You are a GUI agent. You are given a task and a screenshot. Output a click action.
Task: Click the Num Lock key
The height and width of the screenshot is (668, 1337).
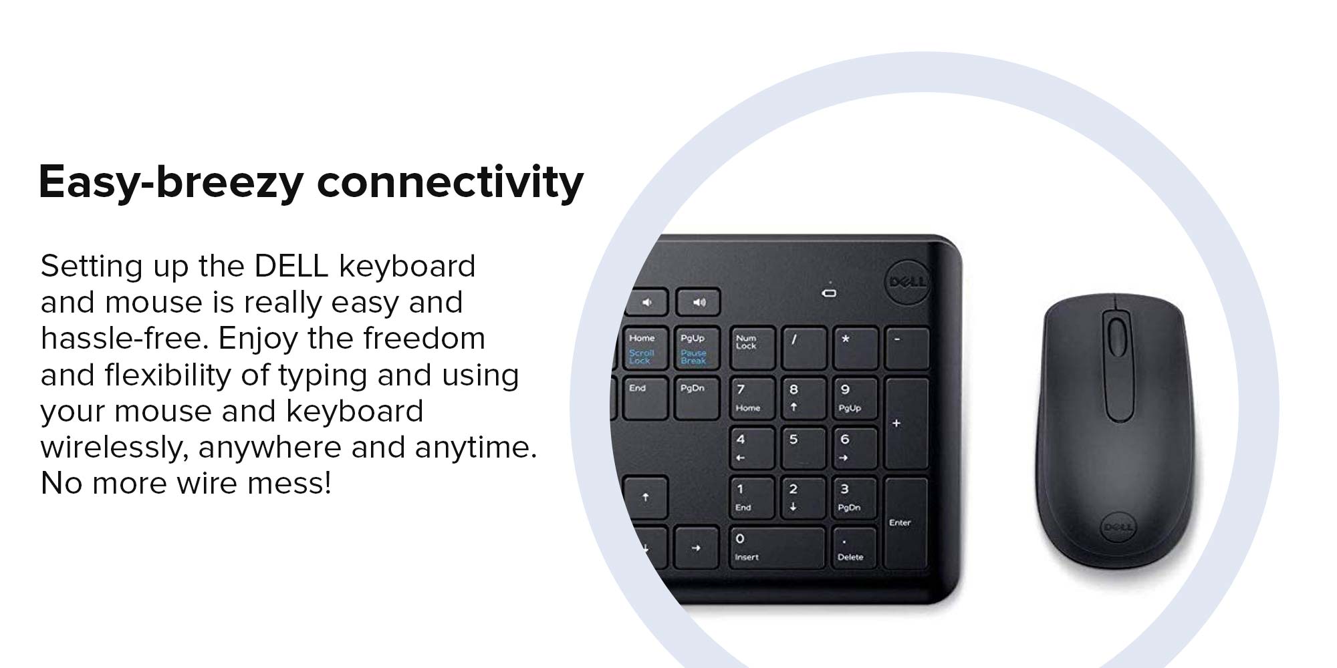point(753,347)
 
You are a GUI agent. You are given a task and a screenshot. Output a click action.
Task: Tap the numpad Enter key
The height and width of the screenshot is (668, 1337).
point(906,523)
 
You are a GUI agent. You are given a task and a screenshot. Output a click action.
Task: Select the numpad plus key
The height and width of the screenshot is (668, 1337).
point(906,423)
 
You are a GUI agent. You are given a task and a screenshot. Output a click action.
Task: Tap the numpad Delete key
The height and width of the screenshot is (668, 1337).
point(854,548)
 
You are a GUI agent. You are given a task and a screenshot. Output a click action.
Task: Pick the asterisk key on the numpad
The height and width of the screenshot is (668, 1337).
point(855,347)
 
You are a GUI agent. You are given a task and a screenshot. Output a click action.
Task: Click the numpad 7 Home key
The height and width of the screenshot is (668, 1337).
point(752,398)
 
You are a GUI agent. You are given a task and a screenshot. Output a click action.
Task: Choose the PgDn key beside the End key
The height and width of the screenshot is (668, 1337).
point(696,398)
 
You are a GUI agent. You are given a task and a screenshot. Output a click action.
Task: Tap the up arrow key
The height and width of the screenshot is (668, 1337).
point(645,497)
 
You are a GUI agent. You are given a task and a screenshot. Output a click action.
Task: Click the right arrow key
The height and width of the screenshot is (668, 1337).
point(696,548)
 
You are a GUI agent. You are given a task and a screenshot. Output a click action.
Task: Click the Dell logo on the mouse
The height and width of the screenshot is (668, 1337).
point(1117,527)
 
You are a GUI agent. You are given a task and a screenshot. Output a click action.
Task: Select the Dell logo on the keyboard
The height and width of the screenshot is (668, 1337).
point(907,281)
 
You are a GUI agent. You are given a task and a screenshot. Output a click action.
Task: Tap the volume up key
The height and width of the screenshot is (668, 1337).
point(698,302)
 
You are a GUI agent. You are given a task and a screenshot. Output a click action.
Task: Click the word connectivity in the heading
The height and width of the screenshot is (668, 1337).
point(450,182)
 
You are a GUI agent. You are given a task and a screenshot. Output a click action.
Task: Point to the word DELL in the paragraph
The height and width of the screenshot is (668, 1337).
point(291,266)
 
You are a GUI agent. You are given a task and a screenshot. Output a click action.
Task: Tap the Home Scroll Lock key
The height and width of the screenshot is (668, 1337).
point(644,347)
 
